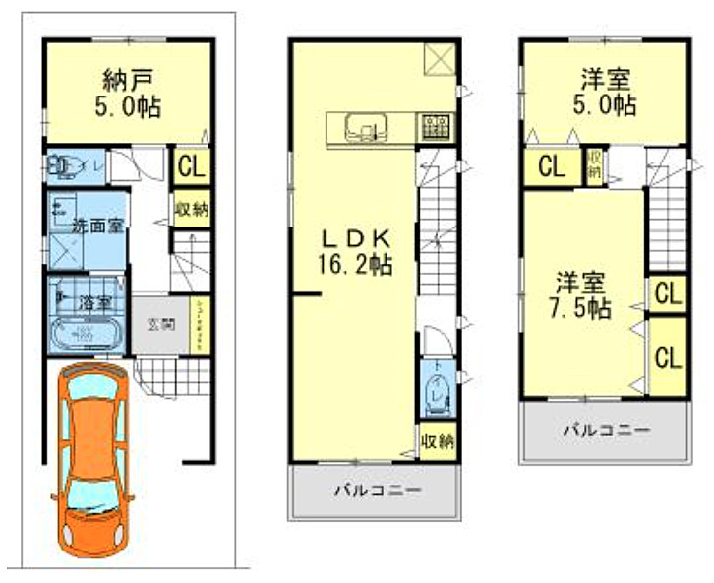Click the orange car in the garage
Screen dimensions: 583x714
click(93, 458)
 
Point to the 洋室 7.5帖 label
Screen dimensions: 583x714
click(580, 294)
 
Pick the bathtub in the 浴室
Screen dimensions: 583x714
click(85, 335)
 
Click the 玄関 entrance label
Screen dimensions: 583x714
click(161, 322)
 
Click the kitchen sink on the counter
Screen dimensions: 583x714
click(366, 125)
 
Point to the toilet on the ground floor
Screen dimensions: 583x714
click(67, 167)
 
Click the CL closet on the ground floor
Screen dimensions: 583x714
click(191, 166)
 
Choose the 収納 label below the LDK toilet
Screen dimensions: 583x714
click(437, 440)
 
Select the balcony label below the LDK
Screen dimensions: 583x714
click(377, 489)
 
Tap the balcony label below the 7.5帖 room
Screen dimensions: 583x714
click(606, 430)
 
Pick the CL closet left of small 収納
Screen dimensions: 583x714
click(552, 166)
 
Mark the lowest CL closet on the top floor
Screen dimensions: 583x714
click(667, 356)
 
